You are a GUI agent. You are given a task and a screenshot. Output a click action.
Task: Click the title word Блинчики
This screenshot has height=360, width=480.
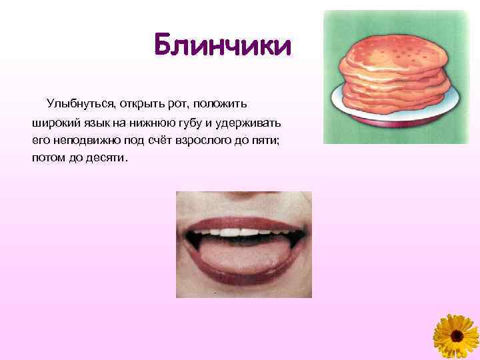222,47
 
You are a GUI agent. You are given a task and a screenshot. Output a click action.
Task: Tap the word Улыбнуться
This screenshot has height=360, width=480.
79,104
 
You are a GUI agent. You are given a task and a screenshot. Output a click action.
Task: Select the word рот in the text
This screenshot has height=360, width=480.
177,104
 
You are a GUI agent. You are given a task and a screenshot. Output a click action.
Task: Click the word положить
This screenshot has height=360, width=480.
220,104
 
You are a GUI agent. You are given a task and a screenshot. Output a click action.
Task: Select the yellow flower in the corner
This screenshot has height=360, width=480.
457,337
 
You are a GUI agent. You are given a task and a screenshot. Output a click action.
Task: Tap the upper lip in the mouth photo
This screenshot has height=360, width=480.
243,215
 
